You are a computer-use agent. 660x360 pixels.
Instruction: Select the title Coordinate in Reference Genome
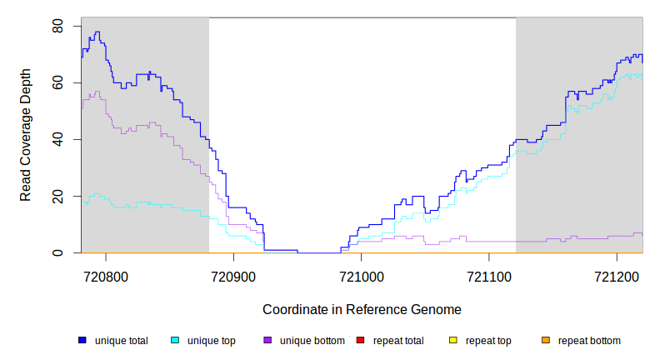pos(362,309)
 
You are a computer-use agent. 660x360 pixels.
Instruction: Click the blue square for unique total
pos(82,340)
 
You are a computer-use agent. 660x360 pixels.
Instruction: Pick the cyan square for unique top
pos(175,340)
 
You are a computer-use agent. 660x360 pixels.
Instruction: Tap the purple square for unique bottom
pos(267,340)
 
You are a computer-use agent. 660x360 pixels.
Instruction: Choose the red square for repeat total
pos(360,340)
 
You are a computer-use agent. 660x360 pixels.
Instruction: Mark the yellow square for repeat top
pos(453,340)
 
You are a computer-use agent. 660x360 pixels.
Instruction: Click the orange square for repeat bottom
pos(546,340)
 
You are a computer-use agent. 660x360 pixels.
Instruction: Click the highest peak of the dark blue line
pos(97,32)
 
